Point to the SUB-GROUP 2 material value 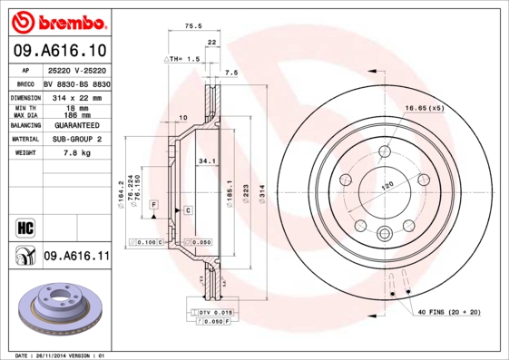coord(76,140)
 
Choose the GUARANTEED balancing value coord(76,125)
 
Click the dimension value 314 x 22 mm coord(76,97)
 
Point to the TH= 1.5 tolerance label coord(183,58)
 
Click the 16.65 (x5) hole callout coord(424,108)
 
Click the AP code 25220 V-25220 coord(76,71)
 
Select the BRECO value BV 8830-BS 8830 coord(76,83)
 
